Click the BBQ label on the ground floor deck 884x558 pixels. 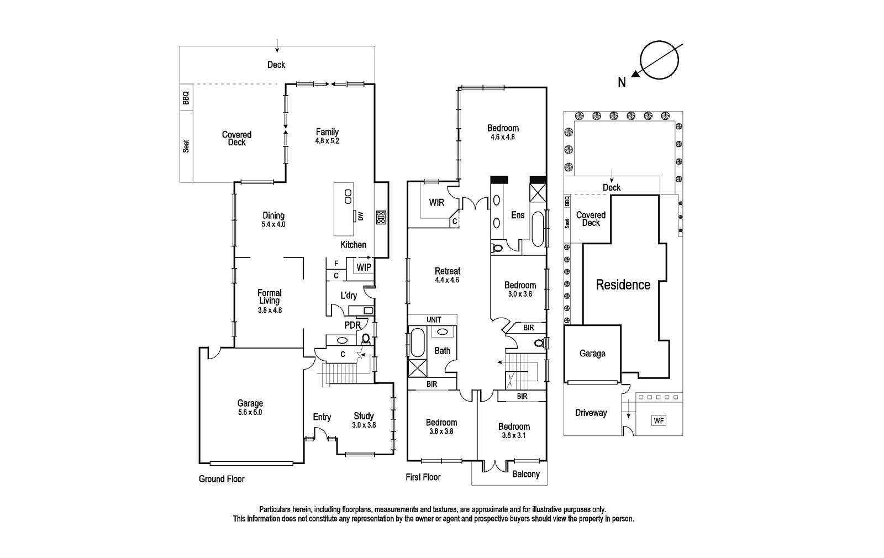(x=186, y=98)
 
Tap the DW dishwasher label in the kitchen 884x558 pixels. (x=360, y=216)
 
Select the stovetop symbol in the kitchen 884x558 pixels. (x=381, y=218)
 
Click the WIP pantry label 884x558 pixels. (x=364, y=267)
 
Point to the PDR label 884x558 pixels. (x=352, y=325)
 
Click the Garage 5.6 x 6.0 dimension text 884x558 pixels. (x=250, y=412)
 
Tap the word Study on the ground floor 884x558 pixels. (x=364, y=416)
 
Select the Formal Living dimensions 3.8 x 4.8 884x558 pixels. (x=270, y=310)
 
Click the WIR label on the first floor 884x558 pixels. (x=436, y=202)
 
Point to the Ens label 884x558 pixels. (x=518, y=215)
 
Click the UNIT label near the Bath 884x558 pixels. (x=434, y=320)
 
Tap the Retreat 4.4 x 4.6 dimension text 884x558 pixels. (x=447, y=280)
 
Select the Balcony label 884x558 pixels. (x=525, y=474)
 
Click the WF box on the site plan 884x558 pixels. (x=659, y=420)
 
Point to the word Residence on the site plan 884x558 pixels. (x=623, y=285)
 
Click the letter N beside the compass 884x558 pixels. (x=622, y=82)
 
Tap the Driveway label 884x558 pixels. (x=591, y=413)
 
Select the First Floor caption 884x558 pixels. (x=423, y=477)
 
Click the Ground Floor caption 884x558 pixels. (x=222, y=479)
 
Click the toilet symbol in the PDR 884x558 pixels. (x=365, y=339)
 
